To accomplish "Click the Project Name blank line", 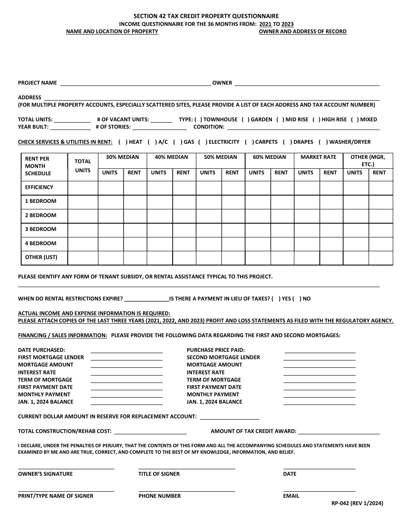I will (x=135, y=83).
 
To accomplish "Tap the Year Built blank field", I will (x=70, y=127).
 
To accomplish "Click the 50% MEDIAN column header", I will (x=220, y=157).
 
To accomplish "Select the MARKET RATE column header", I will (x=318, y=157).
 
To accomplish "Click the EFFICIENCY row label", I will (x=39, y=187).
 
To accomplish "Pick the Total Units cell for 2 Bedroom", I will (x=83, y=215).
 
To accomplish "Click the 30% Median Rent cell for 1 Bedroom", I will (x=135, y=201).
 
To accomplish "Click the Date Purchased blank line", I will (x=126, y=350).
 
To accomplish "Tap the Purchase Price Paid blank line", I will (x=319, y=350).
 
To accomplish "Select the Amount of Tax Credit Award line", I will (x=339, y=431).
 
